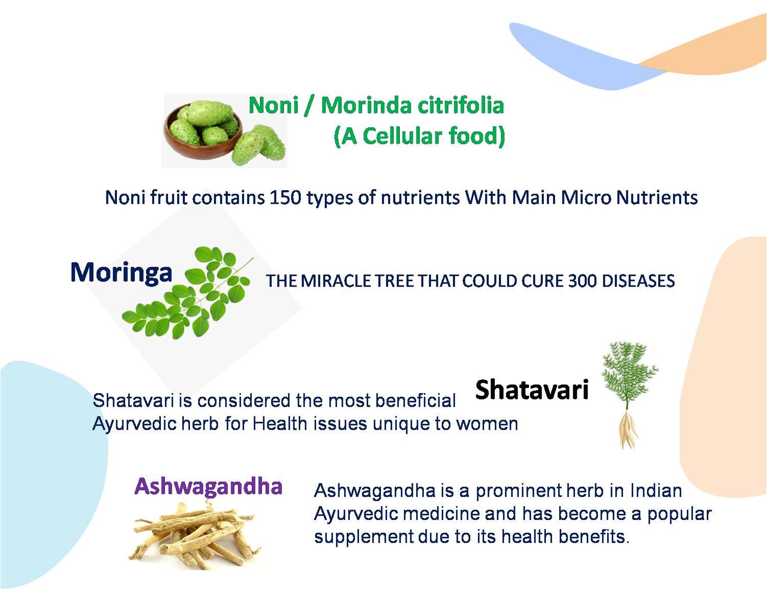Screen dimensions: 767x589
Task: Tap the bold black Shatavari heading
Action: (532, 389)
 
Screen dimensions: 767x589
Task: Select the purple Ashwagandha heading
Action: (209, 486)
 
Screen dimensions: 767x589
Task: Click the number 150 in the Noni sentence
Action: (285, 197)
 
